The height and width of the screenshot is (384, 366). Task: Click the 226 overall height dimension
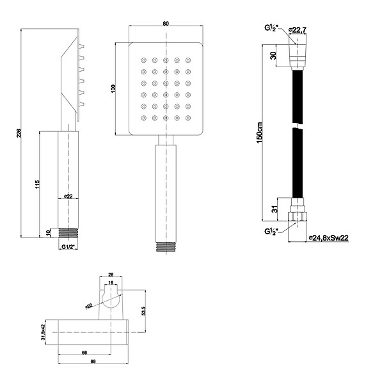19,133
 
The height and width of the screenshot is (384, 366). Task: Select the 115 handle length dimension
37,184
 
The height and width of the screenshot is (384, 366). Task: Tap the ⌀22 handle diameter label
68,196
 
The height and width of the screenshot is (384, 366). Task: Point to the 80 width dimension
166,24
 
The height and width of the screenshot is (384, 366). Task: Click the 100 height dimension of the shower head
113,88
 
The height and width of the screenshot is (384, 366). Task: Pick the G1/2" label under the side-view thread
68,247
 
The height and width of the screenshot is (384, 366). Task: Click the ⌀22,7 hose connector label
298,30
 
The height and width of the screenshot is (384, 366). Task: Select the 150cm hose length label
260,132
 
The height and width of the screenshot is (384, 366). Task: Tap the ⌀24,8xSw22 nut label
328,237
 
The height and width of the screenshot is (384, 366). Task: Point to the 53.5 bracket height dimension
144,311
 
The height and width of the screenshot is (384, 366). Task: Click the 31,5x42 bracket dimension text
44,332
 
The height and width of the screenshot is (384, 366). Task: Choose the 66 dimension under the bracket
84,353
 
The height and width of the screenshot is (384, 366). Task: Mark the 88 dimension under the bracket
93,361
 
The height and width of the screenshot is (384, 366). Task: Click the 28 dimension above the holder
111,275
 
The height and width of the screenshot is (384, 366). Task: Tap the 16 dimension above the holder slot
111,283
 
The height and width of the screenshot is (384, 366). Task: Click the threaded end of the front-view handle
166,246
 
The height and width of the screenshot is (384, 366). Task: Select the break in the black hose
298,125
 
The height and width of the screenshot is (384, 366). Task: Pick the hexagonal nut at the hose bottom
298,217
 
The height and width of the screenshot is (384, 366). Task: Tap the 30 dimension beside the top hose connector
273,55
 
